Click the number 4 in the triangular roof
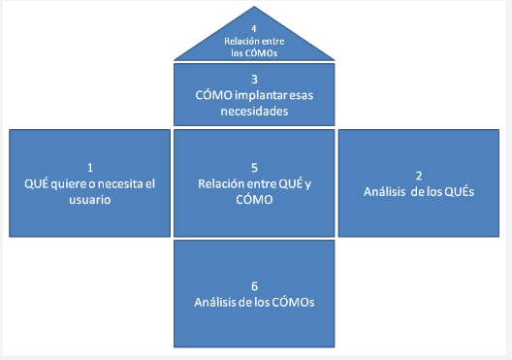pyautogui.click(x=254, y=28)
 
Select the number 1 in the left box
pyautogui.click(x=88, y=166)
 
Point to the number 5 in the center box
pyautogui.click(x=253, y=166)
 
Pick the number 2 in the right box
pyautogui.click(x=418, y=175)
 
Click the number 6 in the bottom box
pyautogui.click(x=253, y=285)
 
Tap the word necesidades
pyautogui.click(x=254, y=112)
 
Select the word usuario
pyautogui.click(x=88, y=200)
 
